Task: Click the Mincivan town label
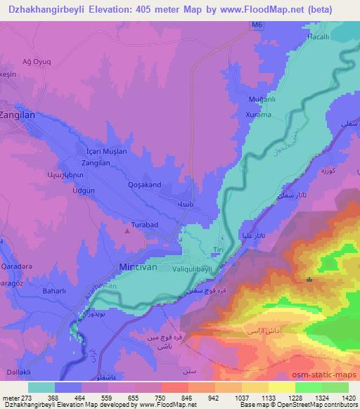click(135, 268)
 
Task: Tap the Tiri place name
click(217, 251)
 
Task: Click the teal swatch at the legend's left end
click(41, 387)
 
